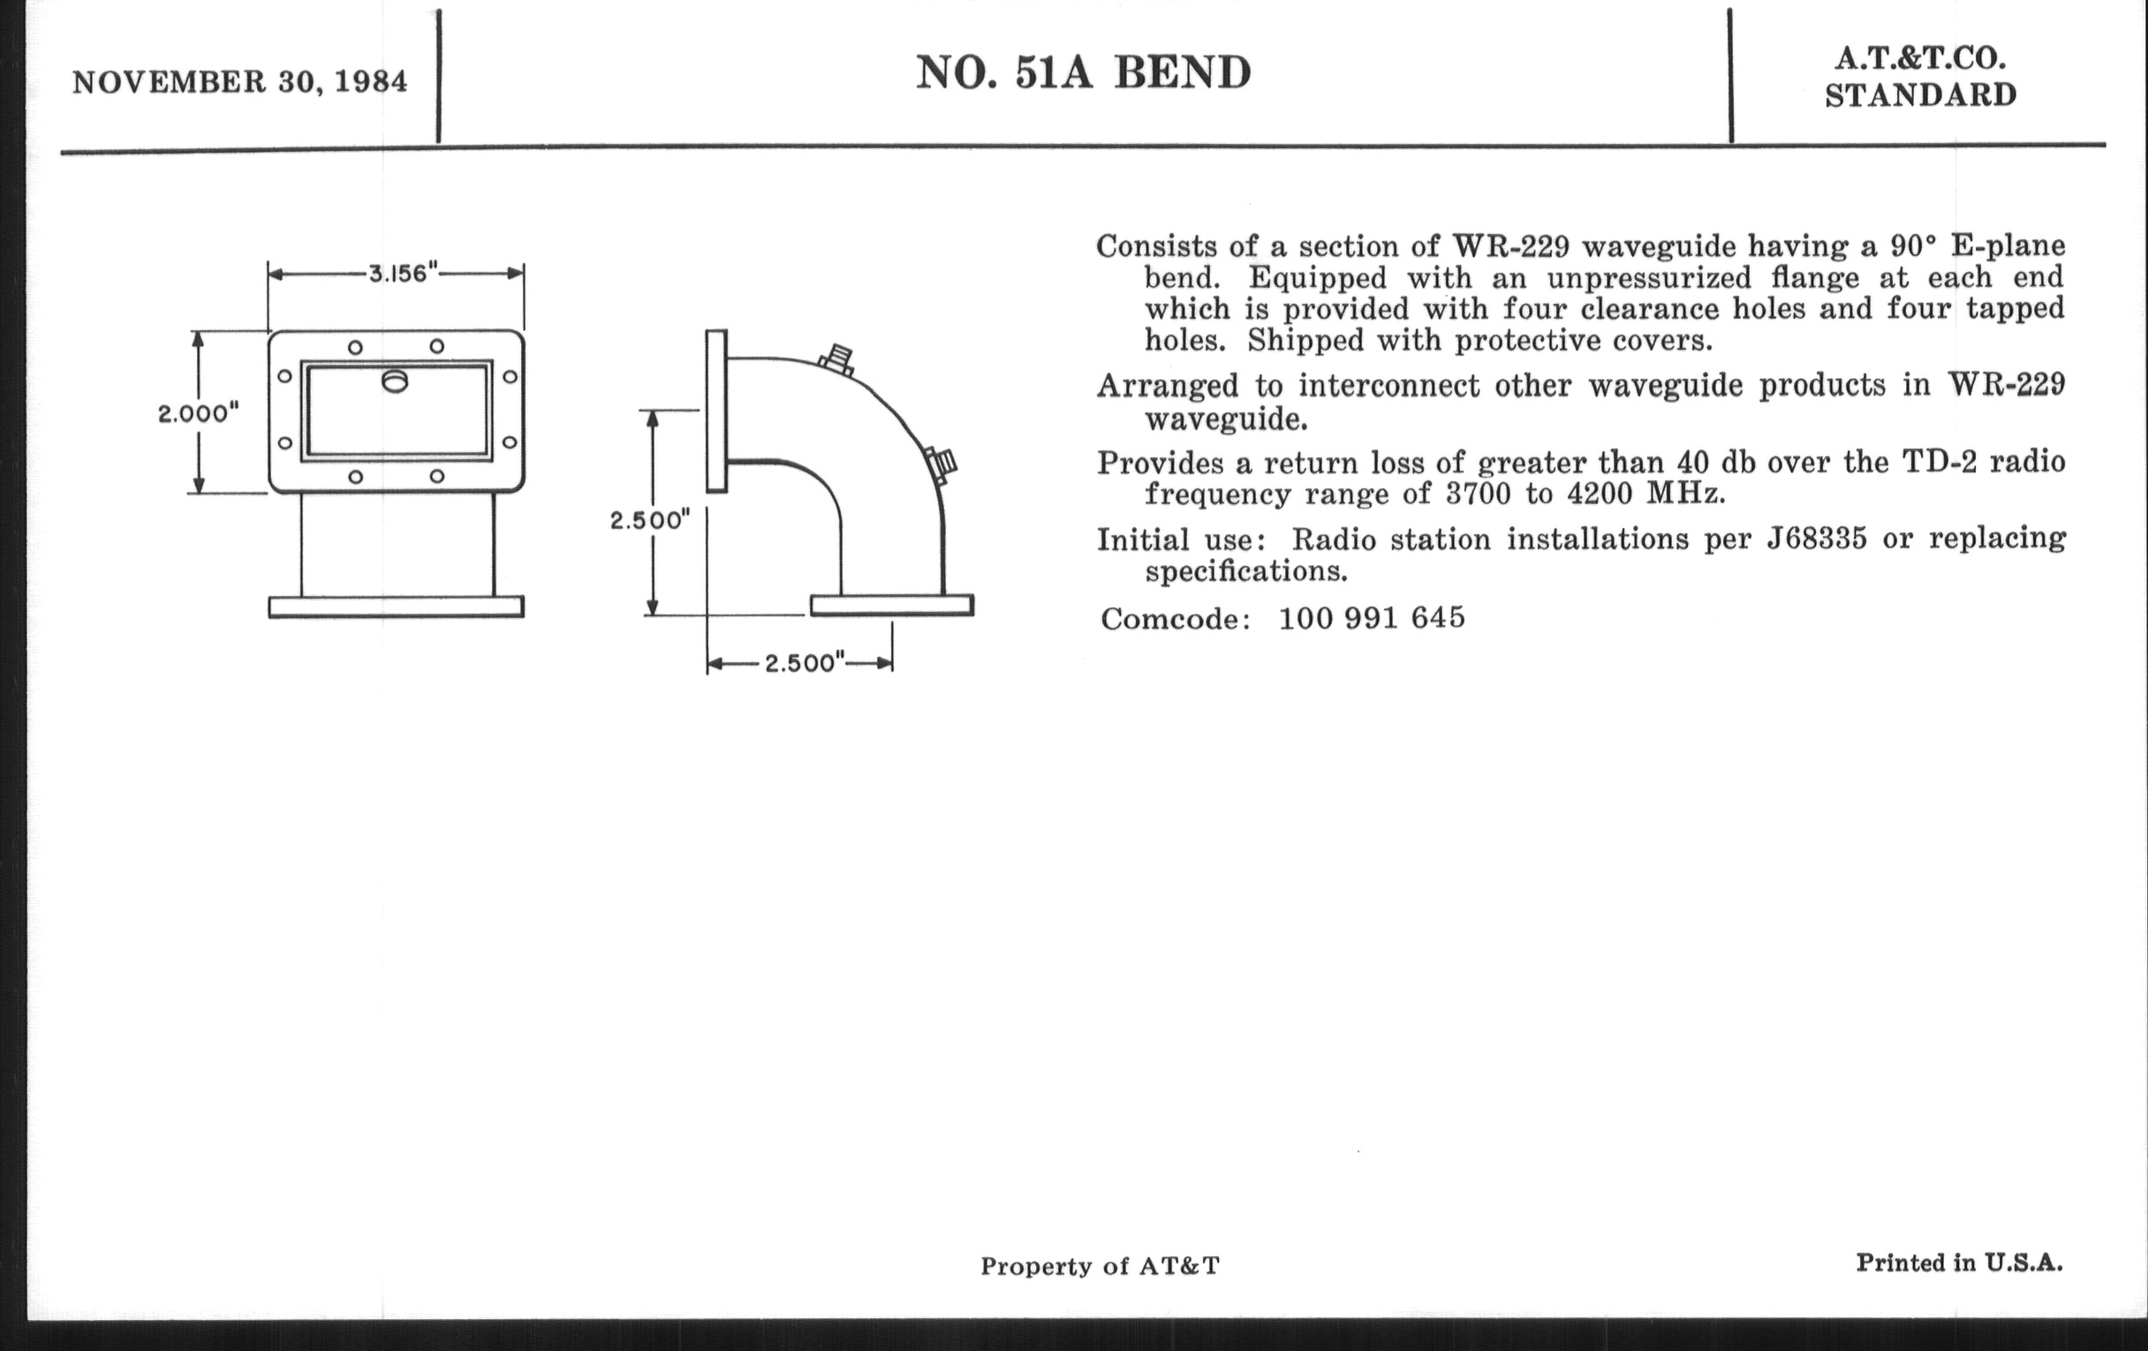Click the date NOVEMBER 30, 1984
[240, 82]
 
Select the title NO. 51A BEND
[1084, 72]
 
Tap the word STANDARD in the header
[1920, 94]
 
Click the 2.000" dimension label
[199, 414]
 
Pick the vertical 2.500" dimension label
[650, 520]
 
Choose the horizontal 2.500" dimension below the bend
[805, 663]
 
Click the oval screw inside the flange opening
[395, 381]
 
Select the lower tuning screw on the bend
[942, 464]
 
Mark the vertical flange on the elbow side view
[716, 411]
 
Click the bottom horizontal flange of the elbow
[892, 606]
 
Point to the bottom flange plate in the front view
[396, 608]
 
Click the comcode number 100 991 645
[1372, 618]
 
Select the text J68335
[1817, 539]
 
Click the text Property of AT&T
[1100, 1266]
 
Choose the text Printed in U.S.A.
[1960, 1263]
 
